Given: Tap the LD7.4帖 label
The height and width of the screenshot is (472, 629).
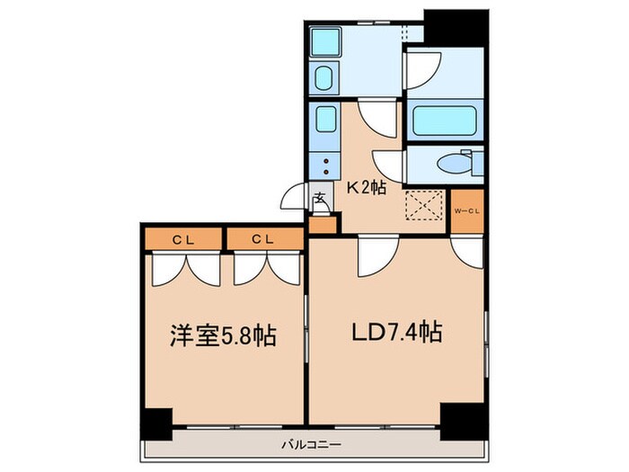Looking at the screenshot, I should (x=395, y=334).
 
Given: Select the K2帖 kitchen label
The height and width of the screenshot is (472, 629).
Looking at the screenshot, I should (x=366, y=190).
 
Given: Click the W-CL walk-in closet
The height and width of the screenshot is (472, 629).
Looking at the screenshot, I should (x=466, y=212).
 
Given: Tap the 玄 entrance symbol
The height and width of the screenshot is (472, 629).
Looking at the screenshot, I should (x=320, y=200).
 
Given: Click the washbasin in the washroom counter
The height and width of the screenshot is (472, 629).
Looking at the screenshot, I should (x=325, y=79).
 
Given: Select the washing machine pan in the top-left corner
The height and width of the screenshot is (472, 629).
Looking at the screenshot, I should (x=325, y=41).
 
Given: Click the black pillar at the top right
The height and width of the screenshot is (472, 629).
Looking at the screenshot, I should (x=457, y=27).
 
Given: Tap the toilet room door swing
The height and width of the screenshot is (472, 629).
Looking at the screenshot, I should (x=388, y=162).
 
